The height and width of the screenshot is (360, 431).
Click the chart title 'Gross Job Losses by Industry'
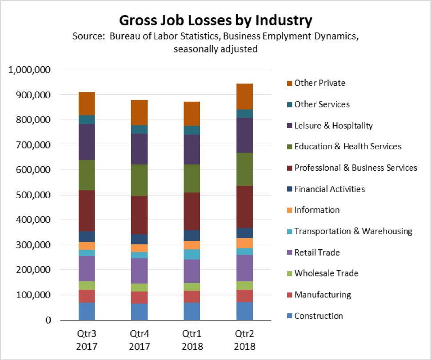tap(215, 20)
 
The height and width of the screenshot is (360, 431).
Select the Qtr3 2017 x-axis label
tap(87, 340)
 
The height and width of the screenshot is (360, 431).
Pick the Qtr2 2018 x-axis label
tap(244, 340)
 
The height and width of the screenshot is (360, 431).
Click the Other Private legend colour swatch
tap(289, 83)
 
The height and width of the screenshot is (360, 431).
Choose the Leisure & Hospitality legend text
tap(333, 126)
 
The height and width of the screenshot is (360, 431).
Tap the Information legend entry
tap(317, 210)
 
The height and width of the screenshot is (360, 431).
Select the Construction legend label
tap(319, 316)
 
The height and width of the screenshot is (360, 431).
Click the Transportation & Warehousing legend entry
tap(353, 231)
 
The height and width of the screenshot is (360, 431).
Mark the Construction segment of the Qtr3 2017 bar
tap(87, 311)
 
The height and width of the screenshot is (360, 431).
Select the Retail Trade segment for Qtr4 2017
tap(139, 271)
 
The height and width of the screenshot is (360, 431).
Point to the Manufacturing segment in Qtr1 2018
tap(192, 296)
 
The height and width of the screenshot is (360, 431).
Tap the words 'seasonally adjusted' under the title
tap(215, 49)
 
